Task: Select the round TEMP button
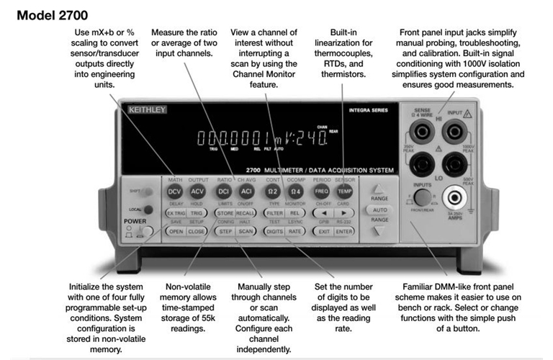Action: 343,192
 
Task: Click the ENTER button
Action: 343,232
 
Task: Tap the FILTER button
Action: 273,214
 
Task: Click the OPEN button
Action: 176,232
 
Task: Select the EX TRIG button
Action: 176,214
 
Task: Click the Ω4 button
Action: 295,192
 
